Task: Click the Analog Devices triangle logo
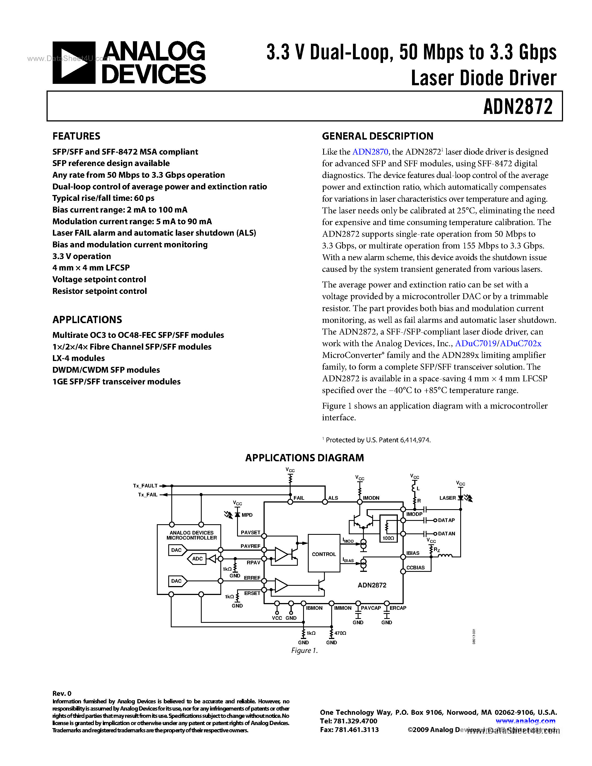coord(74,63)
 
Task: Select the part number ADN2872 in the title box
coord(518,107)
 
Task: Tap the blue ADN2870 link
coord(370,152)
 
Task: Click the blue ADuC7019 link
coord(476,343)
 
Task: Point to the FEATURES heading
coord(76,136)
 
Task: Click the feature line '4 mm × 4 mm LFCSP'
coord(91,268)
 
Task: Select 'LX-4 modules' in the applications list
coord(79,358)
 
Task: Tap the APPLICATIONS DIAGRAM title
coord(304,458)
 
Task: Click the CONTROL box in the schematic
coord(324,554)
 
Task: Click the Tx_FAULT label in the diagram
coord(145,486)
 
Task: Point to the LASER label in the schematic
coord(447,498)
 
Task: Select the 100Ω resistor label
coord(388,538)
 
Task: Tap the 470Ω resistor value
coord(340,633)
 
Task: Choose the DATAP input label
coord(446,520)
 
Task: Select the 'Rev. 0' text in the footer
coord(62,693)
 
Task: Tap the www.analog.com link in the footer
coord(525,721)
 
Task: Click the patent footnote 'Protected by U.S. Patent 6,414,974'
coord(378,440)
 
